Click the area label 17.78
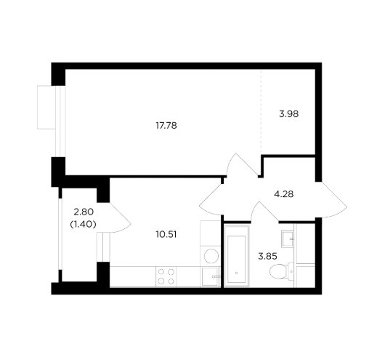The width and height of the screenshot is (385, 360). [166, 126]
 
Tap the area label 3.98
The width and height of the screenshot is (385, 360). [289, 114]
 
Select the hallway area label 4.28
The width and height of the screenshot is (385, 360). [283, 194]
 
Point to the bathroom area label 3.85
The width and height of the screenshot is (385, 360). [267, 257]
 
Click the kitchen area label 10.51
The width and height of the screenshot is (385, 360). [166, 235]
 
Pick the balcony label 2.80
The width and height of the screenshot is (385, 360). [84, 212]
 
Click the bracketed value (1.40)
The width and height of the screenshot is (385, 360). [83, 224]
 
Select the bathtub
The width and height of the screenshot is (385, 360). [237, 256]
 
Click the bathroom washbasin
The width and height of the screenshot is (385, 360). [288, 239]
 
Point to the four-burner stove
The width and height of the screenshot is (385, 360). [166, 276]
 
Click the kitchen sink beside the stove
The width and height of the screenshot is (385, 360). [210, 276]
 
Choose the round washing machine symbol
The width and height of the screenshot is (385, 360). [211, 256]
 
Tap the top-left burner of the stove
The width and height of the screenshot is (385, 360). [161, 272]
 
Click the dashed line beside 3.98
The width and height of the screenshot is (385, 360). [261, 112]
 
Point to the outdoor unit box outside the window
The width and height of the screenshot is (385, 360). [46, 107]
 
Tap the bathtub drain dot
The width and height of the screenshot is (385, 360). [237, 273]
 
